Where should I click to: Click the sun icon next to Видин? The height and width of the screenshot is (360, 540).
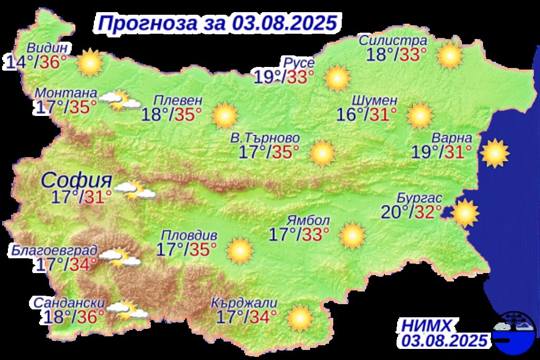[90, 63]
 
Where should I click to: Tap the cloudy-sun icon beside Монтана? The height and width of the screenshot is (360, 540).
[120, 100]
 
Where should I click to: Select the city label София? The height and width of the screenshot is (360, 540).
[76, 181]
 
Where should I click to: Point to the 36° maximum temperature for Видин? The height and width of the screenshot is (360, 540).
[54, 63]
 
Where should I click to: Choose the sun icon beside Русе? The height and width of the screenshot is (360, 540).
[337, 78]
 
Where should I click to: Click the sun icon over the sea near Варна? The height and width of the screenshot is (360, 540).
[495, 153]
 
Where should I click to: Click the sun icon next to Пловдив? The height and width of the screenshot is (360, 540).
[240, 250]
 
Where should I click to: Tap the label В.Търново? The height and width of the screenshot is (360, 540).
[265, 138]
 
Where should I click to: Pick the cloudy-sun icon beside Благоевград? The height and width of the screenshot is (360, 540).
[120, 258]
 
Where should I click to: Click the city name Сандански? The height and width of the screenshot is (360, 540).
[68, 304]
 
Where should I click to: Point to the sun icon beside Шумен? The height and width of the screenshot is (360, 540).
[420, 116]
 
